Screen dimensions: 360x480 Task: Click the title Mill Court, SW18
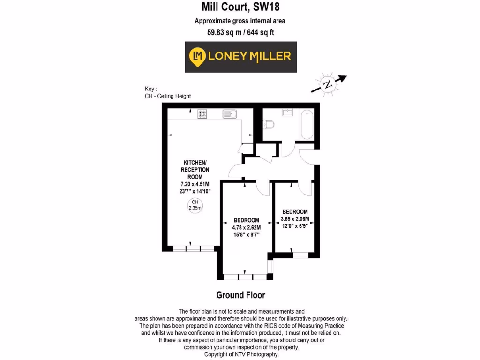coord(240,7)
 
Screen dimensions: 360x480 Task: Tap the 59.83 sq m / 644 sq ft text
coord(240,33)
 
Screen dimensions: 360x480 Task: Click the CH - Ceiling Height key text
coord(168,96)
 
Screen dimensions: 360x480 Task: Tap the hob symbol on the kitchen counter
coord(203,113)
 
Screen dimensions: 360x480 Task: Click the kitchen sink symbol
coord(230,113)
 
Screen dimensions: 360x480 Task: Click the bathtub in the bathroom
coord(307,124)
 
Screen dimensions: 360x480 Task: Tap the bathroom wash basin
coord(287,112)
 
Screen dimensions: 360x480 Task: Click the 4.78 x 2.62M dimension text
coord(246,227)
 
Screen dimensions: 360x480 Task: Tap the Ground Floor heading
coord(240,295)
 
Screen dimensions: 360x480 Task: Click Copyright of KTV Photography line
coord(241,354)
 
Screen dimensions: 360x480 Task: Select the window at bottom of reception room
coord(193,248)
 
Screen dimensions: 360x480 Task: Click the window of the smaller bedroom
coord(300,255)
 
